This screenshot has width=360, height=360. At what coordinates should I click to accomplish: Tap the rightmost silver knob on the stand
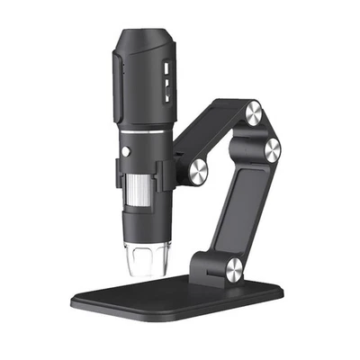point(270,150)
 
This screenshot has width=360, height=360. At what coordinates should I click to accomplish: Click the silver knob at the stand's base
point(233,266)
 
